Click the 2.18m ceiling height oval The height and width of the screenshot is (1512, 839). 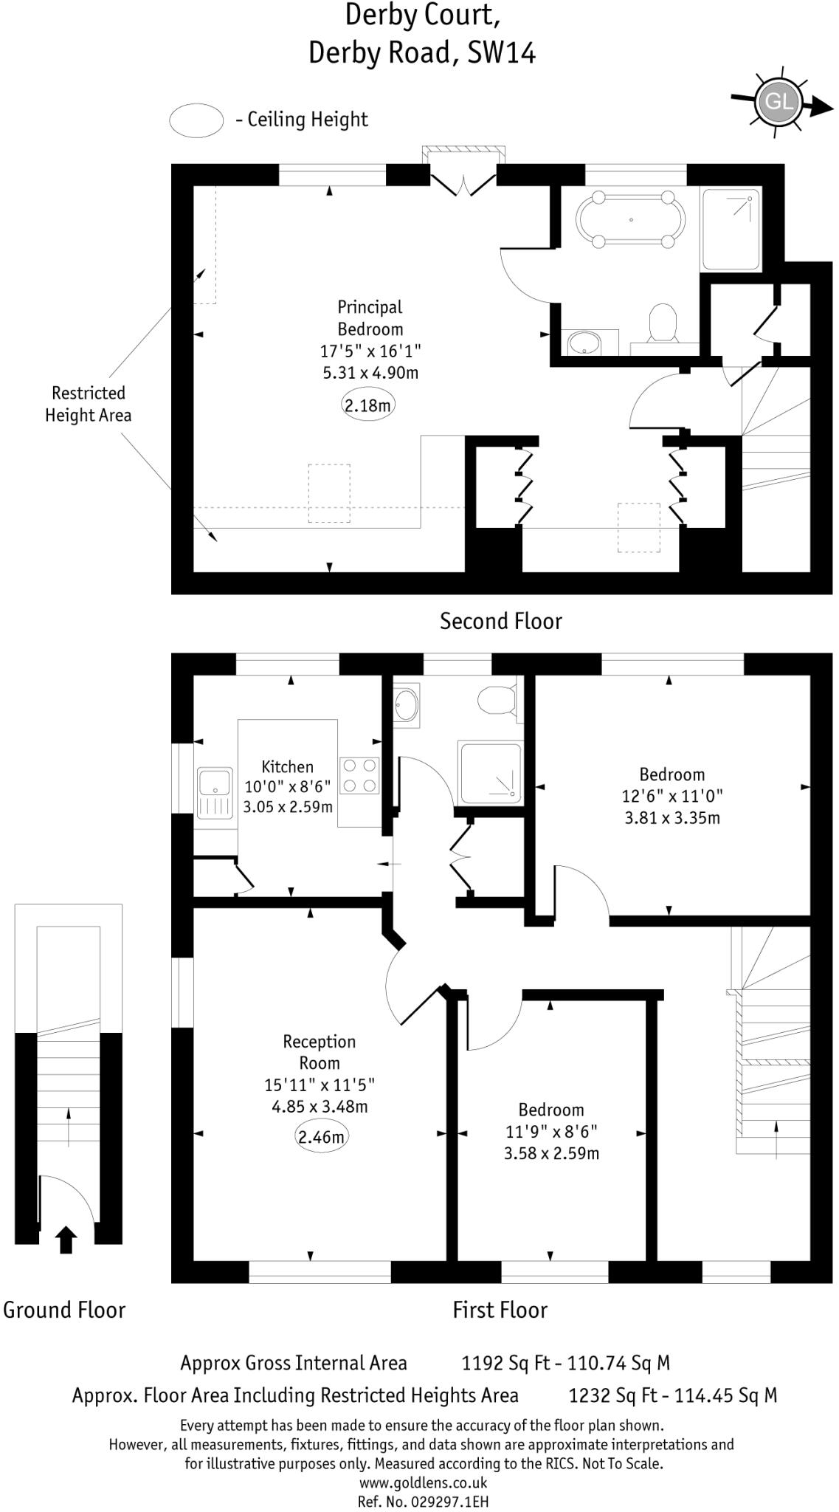[x=368, y=405]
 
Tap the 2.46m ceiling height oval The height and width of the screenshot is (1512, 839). [x=321, y=1136]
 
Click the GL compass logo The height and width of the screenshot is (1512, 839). [x=779, y=102]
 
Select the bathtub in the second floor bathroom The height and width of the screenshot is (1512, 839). [x=631, y=219]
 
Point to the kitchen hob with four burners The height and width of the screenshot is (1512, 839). [x=359, y=776]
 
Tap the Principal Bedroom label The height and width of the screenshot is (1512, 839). [x=370, y=317]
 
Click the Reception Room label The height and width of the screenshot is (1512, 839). [x=320, y=1052]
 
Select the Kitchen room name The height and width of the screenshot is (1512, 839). [x=287, y=766]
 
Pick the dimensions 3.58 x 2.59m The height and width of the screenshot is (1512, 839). [x=551, y=1152]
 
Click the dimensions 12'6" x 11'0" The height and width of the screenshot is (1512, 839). [x=671, y=796]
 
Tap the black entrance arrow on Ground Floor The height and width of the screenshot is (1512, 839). [x=66, y=1240]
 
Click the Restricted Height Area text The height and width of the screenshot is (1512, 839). [x=88, y=404]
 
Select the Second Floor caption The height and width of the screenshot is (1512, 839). [x=500, y=621]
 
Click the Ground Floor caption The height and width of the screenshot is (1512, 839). [x=64, y=1310]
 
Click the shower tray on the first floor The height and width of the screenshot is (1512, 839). [x=491, y=774]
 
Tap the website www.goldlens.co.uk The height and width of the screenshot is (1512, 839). [x=423, y=1482]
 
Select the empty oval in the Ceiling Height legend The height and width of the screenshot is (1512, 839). [x=196, y=120]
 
